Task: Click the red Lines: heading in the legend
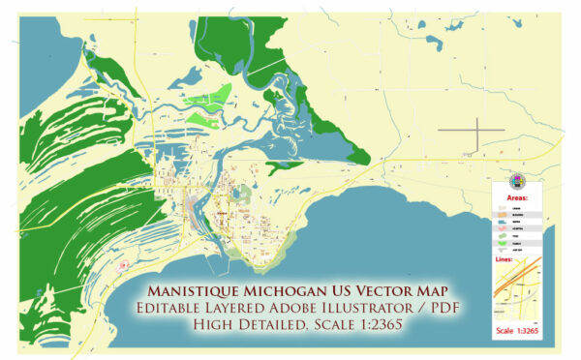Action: click(x=511, y=258)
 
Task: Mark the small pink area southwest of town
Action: click(x=122, y=264)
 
